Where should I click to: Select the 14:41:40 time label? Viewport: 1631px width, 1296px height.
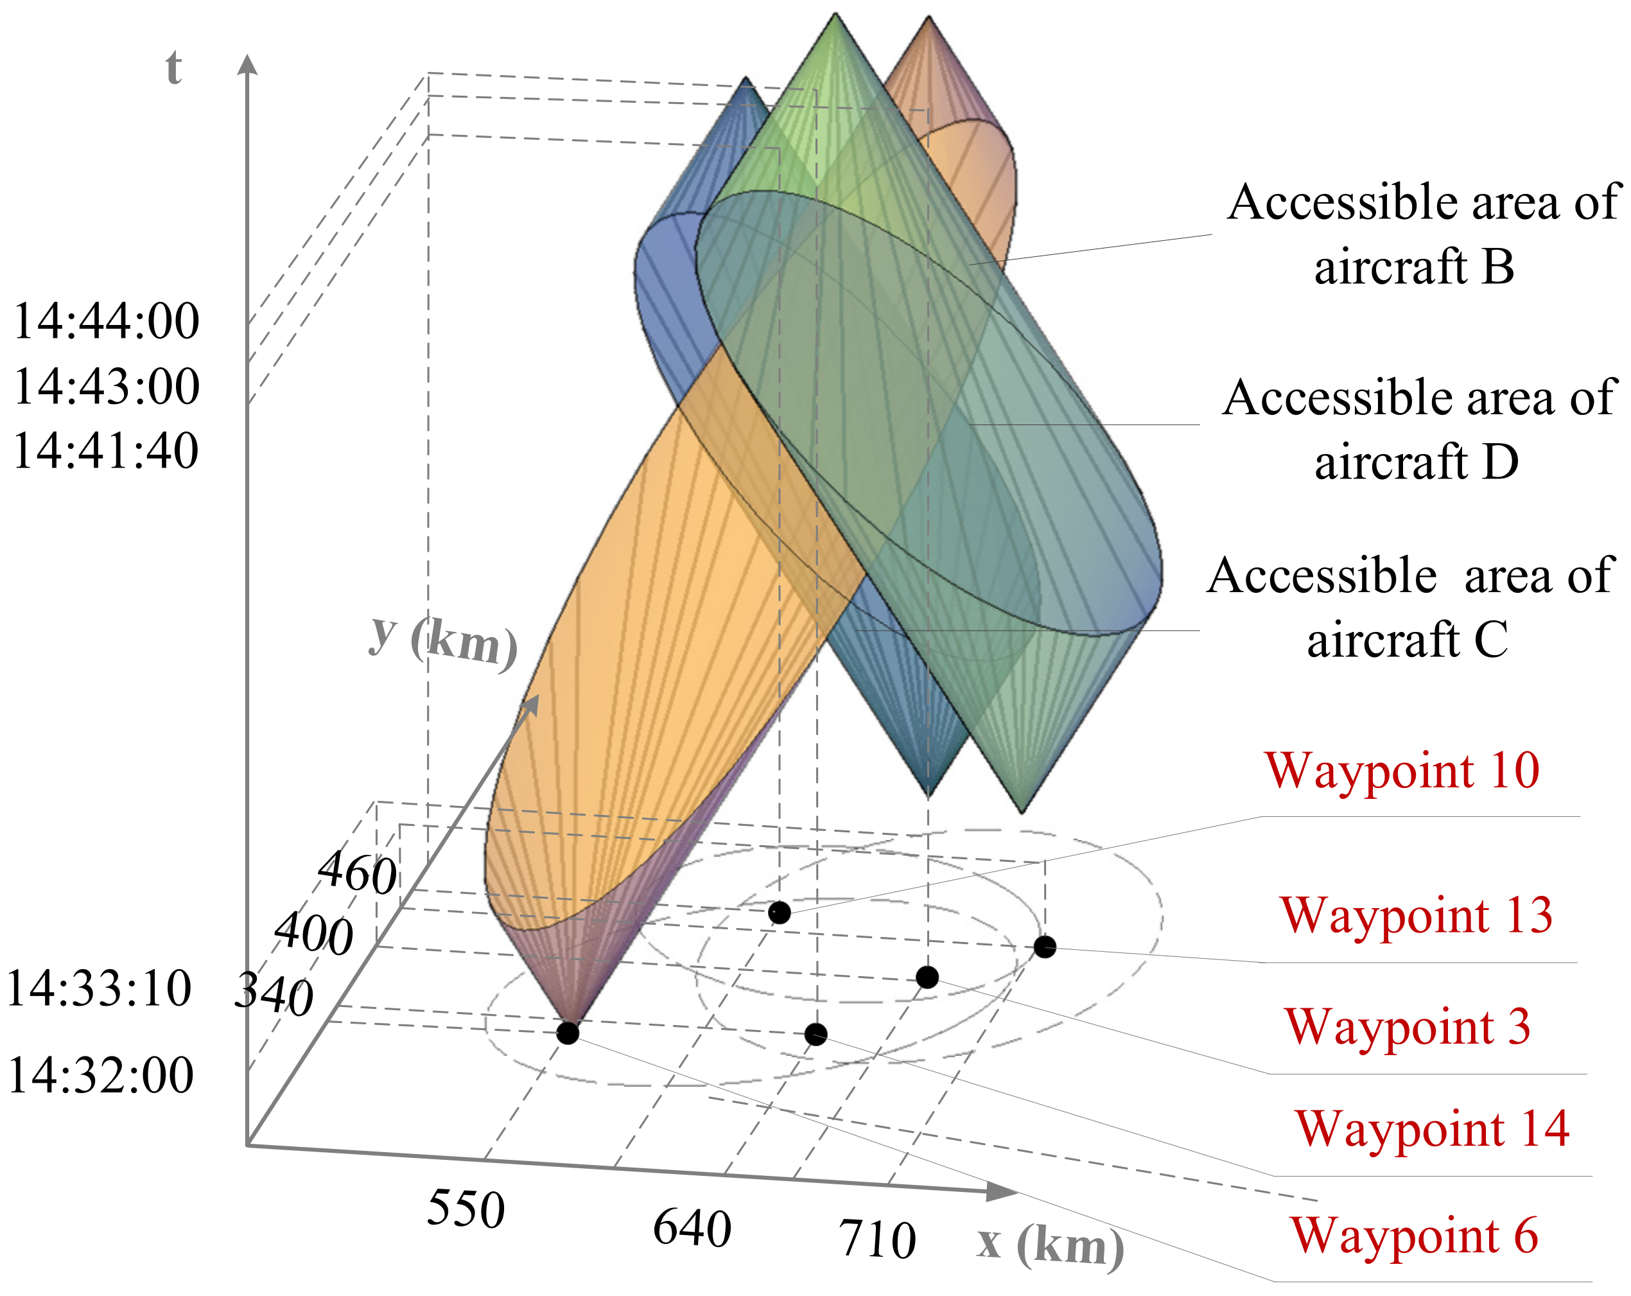[x=106, y=451]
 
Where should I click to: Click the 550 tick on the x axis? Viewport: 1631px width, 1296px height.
[x=466, y=1209]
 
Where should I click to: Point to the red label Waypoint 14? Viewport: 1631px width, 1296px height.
[x=1432, y=1129]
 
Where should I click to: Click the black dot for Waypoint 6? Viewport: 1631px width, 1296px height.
[x=568, y=1033]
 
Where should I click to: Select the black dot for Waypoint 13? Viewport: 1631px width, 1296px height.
[x=1045, y=947]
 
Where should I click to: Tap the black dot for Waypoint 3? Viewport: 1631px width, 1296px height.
[x=927, y=977]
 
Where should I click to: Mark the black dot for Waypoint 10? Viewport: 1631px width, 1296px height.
[x=779, y=913]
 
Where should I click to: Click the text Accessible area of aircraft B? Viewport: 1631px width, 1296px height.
[x=1422, y=234]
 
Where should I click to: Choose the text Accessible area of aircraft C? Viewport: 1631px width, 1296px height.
[x=1409, y=607]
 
